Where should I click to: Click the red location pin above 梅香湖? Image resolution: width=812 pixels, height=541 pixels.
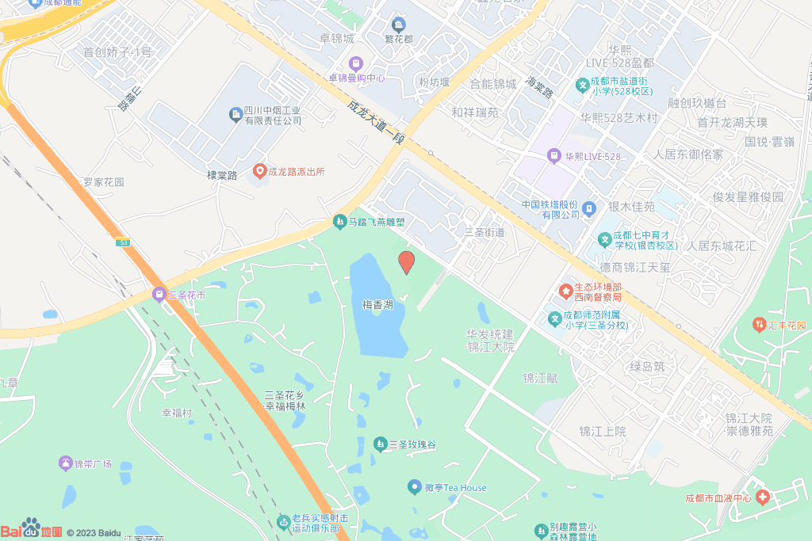[406, 262]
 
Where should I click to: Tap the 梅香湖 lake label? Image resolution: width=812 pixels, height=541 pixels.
[377, 304]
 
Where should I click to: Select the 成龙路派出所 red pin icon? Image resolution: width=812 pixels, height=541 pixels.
[259, 171]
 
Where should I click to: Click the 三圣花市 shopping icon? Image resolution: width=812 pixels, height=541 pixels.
[159, 295]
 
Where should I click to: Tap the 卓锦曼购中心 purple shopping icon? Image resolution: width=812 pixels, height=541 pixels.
[356, 63]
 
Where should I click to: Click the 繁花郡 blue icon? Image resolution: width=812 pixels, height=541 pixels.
[398, 25]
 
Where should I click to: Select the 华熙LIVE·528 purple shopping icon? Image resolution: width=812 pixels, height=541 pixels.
[553, 156]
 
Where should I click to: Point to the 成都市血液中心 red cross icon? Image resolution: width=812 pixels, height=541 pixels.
[763, 497]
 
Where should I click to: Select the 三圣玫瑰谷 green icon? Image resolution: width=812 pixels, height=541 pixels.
[380, 444]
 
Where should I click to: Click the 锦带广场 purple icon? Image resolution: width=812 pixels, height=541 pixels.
[65, 463]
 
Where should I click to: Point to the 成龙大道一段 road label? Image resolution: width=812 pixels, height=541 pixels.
[376, 121]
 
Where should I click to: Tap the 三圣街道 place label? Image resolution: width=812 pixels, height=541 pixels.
[484, 232]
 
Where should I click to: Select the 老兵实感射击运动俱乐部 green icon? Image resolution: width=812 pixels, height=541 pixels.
[283, 520]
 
